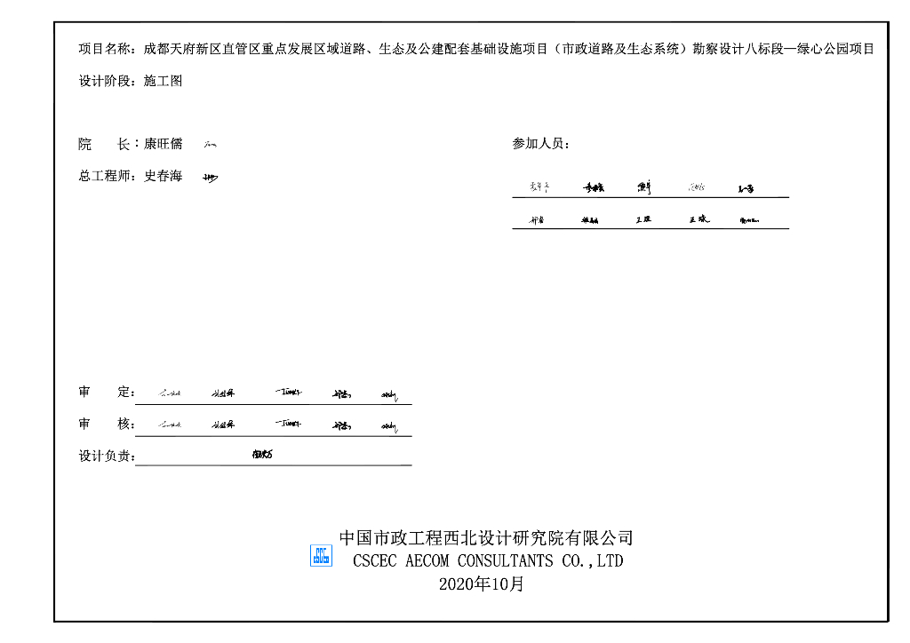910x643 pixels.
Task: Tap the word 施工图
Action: coord(163,81)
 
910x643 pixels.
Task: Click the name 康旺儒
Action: coord(163,144)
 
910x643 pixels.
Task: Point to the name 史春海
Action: coord(163,176)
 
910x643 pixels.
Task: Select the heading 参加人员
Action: coord(539,144)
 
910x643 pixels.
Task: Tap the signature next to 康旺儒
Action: coord(210,144)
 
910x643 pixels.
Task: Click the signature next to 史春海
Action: coord(210,178)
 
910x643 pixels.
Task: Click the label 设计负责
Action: coord(104,456)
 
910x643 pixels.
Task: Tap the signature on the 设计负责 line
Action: coord(262,455)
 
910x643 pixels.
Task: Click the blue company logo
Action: coord(321,556)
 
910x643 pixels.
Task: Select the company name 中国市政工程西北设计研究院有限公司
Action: coord(486,537)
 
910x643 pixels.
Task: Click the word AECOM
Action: coord(427,561)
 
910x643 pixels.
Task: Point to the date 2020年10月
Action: coord(482,583)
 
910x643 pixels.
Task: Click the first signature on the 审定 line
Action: coord(170,393)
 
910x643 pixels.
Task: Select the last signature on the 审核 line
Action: coord(389,426)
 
